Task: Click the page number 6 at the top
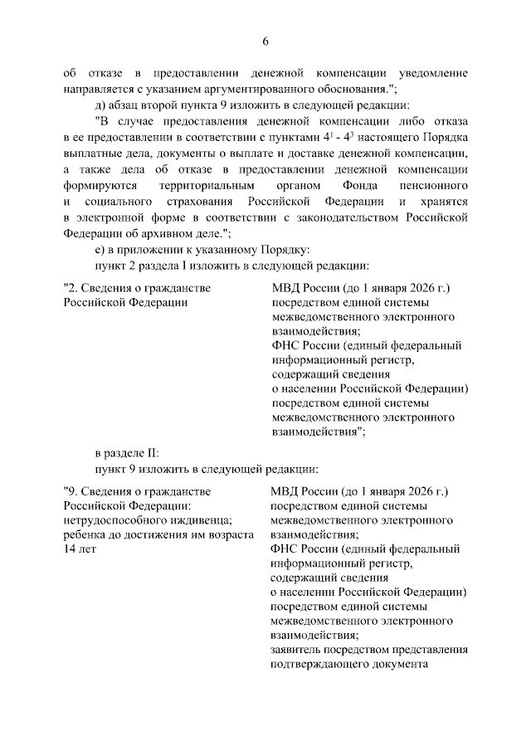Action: [x=265, y=41]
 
